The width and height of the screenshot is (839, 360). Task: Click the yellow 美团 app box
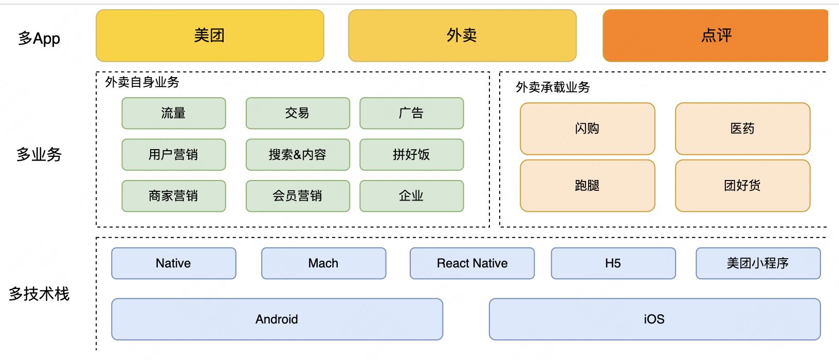coord(210,35)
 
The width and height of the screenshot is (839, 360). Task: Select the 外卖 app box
coord(462,35)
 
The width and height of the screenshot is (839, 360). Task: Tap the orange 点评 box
coord(715,35)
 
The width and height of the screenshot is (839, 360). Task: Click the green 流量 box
coord(173,113)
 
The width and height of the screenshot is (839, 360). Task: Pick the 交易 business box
coord(298,113)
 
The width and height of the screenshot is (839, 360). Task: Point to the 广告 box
coord(411,113)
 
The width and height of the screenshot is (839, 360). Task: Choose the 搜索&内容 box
coord(298,154)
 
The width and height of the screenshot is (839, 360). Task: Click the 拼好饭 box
coord(411,154)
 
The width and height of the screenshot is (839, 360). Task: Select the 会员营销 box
coord(298,196)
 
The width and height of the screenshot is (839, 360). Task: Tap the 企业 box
coord(411,196)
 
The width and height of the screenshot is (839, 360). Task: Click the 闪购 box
coord(587,129)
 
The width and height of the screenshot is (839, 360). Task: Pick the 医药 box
coord(742,129)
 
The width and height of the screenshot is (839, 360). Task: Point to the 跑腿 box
coord(587,186)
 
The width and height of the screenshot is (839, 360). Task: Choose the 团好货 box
coord(742,186)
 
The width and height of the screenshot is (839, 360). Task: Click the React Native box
coord(472,263)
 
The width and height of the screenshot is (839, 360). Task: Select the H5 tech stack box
coord(613,263)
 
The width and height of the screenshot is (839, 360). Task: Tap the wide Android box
coord(277,319)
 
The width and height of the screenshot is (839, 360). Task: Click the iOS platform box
coord(654,319)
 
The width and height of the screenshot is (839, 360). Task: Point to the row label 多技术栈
coord(39,294)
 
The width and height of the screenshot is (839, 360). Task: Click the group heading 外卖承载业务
coord(553,87)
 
